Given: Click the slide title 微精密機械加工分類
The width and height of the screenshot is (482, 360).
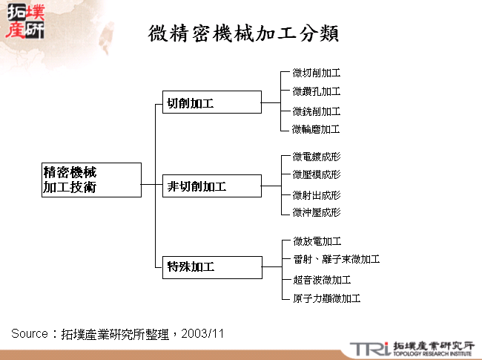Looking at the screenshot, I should pyautogui.click(x=244, y=33).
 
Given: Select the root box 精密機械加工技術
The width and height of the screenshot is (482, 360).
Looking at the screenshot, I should pyautogui.click(x=91, y=180).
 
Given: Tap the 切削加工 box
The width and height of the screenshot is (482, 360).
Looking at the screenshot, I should pyautogui.click(x=211, y=102).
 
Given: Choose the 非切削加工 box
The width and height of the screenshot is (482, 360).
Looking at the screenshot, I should pyautogui.click(x=211, y=186).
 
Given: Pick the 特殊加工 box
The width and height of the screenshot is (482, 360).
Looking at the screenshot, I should pyautogui.click(x=211, y=266).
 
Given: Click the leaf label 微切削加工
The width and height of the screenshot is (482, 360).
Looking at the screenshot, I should pyautogui.click(x=316, y=73).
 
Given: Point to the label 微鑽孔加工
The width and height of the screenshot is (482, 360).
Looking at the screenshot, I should pyautogui.click(x=316, y=91).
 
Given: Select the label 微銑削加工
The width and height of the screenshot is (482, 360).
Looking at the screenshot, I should pyautogui.click(x=316, y=111).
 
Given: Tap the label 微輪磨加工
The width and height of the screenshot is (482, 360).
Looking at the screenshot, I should pyautogui.click(x=316, y=129).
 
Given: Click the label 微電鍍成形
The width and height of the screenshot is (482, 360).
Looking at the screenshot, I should pyautogui.click(x=316, y=157).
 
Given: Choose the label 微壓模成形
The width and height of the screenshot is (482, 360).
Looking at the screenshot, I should pyautogui.click(x=316, y=174).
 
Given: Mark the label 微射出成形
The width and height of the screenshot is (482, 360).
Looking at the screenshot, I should pyautogui.click(x=316, y=194).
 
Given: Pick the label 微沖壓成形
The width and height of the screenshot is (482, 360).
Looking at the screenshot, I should pyautogui.click(x=316, y=212).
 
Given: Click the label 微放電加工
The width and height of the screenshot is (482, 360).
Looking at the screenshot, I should pyautogui.click(x=316, y=241).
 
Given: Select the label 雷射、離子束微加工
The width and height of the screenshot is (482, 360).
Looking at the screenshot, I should pyautogui.click(x=336, y=259).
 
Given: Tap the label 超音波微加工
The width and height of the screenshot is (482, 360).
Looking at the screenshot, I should pyautogui.click(x=321, y=280).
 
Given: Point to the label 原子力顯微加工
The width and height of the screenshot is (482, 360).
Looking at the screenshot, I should pyautogui.click(x=326, y=298).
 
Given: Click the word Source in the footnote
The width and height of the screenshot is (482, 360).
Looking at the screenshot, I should pyautogui.click(x=30, y=333).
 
